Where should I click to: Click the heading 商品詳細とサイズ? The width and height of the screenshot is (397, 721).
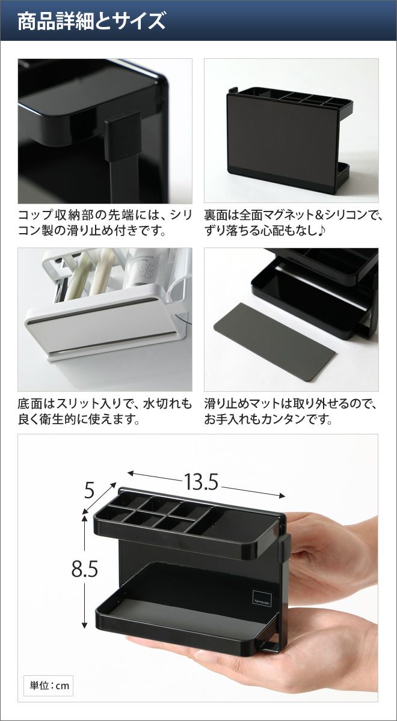[91, 21]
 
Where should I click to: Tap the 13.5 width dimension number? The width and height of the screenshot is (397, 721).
[201, 482]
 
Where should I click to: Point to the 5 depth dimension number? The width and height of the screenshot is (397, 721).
[89, 491]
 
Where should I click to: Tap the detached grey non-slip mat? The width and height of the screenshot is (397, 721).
[274, 341]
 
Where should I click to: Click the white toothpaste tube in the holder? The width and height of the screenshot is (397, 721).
[143, 267]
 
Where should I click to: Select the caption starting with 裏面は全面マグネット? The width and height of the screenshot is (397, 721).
[293, 223]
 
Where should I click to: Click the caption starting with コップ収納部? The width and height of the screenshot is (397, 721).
[105, 223]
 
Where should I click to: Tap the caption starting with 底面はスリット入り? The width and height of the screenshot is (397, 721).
[105, 412]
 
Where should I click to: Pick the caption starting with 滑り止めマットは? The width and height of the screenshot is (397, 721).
[290, 412]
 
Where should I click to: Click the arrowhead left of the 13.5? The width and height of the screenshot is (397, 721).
[131, 473]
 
